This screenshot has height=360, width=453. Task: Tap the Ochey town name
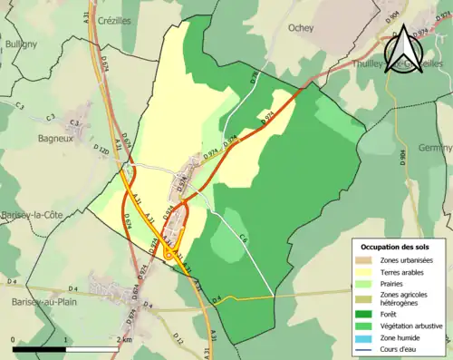point(301,28)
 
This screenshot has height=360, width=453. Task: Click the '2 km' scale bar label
point(125,339)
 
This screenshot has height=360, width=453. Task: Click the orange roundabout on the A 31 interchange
point(169,257)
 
